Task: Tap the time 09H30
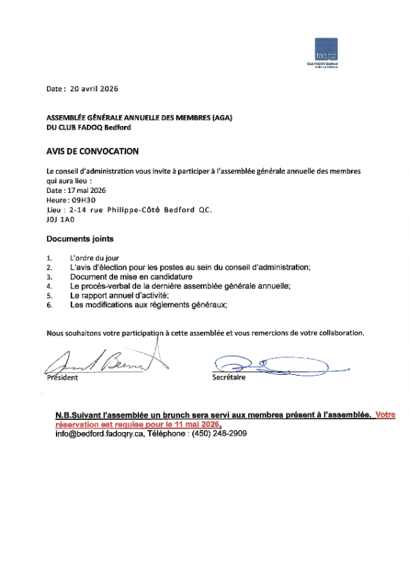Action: click(85, 201)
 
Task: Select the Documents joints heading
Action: click(80, 239)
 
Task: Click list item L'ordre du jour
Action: click(94, 258)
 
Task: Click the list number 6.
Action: click(49, 305)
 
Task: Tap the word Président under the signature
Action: click(63, 377)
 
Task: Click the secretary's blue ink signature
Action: click(273, 365)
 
